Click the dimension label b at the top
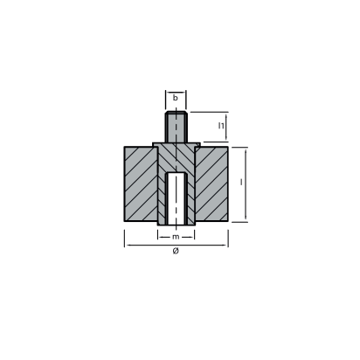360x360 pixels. point(176,99)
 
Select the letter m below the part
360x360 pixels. point(176,236)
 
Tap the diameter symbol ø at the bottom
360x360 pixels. point(176,252)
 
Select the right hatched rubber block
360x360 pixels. point(211,186)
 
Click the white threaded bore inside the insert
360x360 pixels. point(176,201)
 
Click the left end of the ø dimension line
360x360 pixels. point(125,244)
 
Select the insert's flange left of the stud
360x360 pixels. point(158,143)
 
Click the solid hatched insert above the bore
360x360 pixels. point(176,162)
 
